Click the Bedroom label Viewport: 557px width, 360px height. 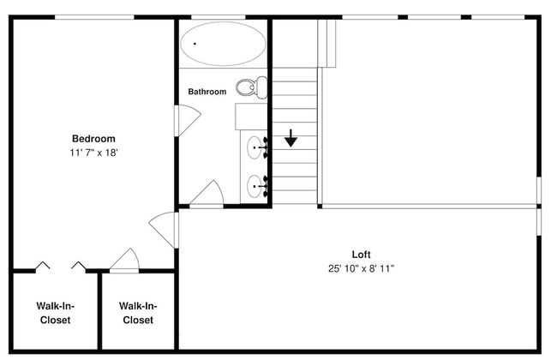(93, 139)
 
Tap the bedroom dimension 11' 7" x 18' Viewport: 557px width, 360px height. (93, 153)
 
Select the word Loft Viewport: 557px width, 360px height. (361, 255)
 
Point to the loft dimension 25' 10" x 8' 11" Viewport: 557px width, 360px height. (361, 268)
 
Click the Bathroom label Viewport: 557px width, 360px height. (207, 92)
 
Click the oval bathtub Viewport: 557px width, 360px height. (223, 44)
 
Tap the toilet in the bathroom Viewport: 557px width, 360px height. (251, 87)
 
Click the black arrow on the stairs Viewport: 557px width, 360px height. (291, 138)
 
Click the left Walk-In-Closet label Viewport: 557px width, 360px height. (55, 313)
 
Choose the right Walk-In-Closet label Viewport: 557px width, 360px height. (138, 313)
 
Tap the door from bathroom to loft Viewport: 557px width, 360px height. (207, 194)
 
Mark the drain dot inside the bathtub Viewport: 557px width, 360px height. (195, 44)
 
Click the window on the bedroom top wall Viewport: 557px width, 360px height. (94, 17)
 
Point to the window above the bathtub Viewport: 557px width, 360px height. (219, 17)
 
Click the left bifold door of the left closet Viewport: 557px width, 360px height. (43, 266)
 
